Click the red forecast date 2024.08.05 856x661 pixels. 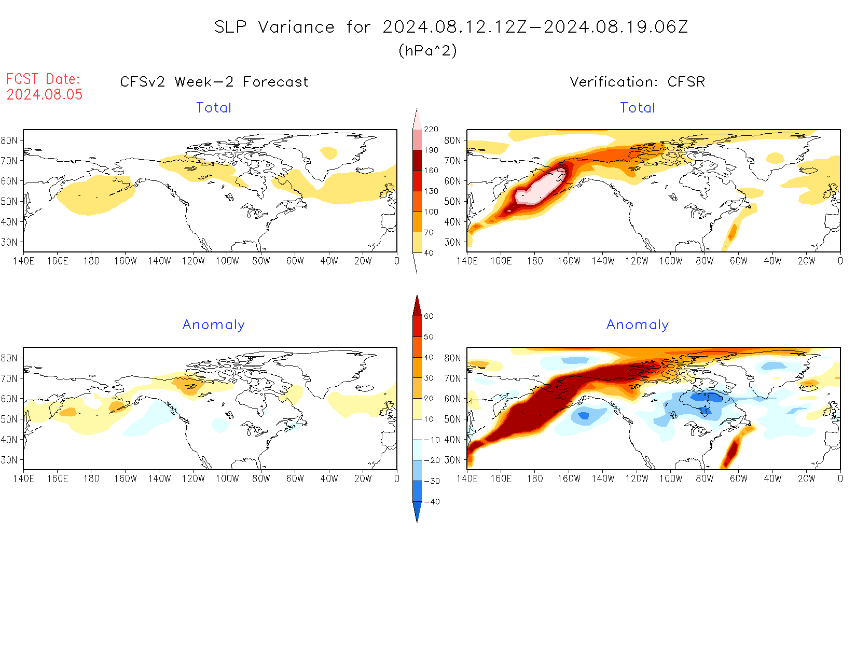pyautogui.click(x=45, y=94)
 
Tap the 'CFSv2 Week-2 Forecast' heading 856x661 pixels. pyautogui.click(x=214, y=82)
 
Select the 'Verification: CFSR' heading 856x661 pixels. pyautogui.click(x=637, y=82)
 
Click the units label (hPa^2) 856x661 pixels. pyautogui.click(x=427, y=51)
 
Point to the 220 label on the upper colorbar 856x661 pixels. pyautogui.click(x=431, y=130)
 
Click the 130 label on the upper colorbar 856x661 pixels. pyautogui.click(x=431, y=191)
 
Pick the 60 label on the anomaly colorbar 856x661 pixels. pyautogui.click(x=429, y=316)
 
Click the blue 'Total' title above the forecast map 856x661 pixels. pyautogui.click(x=214, y=108)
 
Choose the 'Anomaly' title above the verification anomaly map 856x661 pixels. pyautogui.click(x=637, y=325)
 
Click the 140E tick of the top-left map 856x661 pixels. pyautogui.click(x=23, y=261)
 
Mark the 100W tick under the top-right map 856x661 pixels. pyautogui.click(x=670, y=261)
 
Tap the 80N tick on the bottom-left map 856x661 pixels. pyautogui.click(x=9, y=358)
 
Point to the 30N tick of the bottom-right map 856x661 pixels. pyautogui.click(x=452, y=460)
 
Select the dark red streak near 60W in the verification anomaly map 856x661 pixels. pyautogui.click(x=731, y=451)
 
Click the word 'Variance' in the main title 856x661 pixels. pyautogui.click(x=296, y=27)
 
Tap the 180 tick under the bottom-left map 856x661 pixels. pyautogui.click(x=91, y=479)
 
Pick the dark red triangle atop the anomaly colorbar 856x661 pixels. pyautogui.click(x=417, y=306)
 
